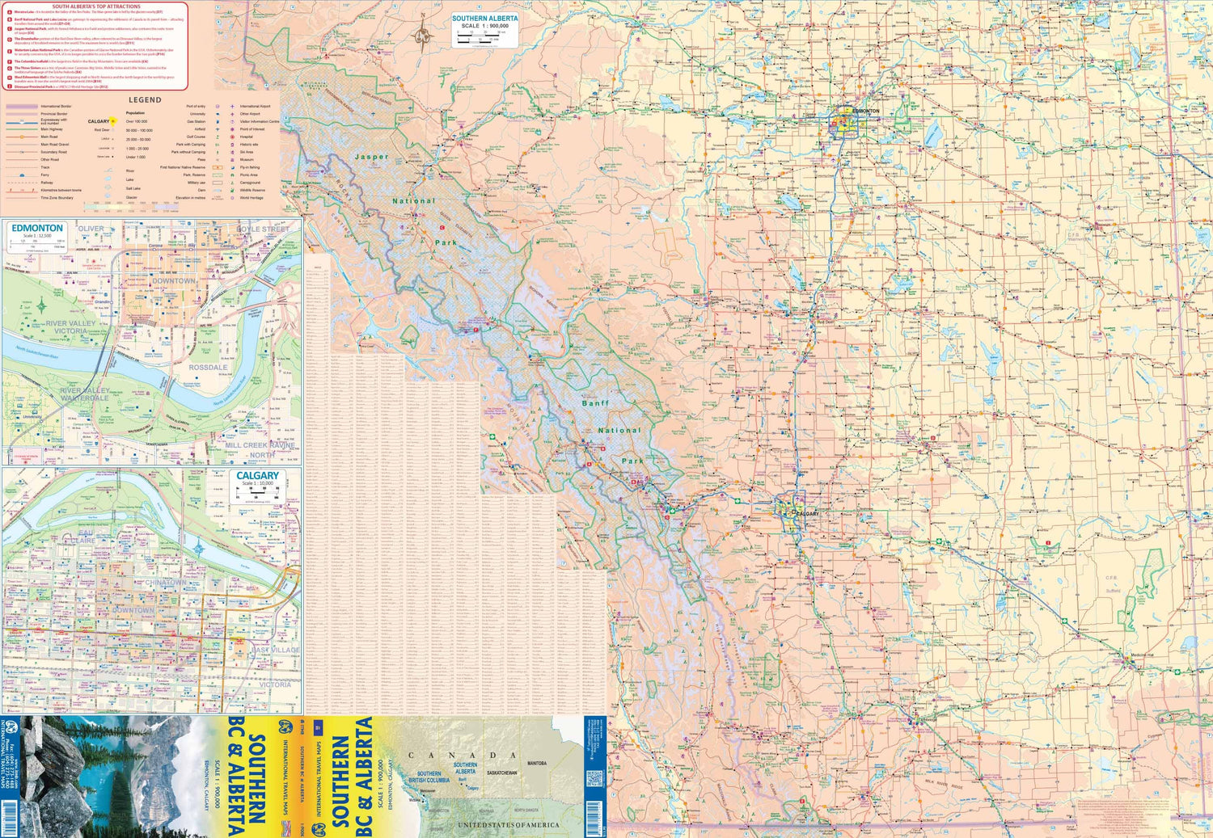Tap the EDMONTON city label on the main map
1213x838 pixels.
(x=865, y=111)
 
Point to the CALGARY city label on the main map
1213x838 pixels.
(x=806, y=513)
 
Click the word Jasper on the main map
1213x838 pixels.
(x=371, y=157)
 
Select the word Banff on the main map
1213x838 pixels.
(x=595, y=402)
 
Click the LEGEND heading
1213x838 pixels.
(x=145, y=100)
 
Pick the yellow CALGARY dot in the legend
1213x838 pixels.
(x=113, y=121)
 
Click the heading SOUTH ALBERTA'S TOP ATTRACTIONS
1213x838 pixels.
(x=96, y=6)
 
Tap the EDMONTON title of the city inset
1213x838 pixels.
(x=37, y=229)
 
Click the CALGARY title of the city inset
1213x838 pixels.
(x=257, y=476)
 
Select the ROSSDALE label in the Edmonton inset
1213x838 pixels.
(x=208, y=368)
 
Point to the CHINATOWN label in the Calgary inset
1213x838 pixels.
(x=166, y=583)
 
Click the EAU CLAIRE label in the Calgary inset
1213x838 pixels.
(x=85, y=537)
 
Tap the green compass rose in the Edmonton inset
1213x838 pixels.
(x=41, y=305)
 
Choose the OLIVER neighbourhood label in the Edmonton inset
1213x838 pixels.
(x=91, y=229)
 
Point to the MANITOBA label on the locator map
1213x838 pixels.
(x=537, y=763)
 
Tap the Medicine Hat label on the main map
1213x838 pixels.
(x=1142, y=655)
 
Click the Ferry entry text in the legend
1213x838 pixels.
(x=45, y=175)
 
